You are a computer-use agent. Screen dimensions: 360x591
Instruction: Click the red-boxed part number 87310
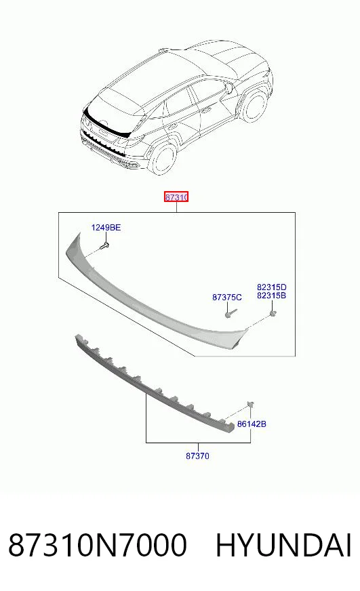point(176,197)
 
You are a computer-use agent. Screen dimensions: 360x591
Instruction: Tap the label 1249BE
point(106,227)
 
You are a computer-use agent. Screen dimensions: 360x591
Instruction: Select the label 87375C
point(227,298)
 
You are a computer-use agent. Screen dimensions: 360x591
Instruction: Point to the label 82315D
point(271,287)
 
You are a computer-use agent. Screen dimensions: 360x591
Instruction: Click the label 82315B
point(271,295)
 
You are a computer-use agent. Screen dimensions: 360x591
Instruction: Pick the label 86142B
point(252,424)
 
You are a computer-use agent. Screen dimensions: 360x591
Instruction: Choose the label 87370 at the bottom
point(197,455)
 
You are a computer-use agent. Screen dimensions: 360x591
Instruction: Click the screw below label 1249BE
point(104,245)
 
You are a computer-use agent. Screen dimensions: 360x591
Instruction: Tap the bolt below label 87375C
point(231,313)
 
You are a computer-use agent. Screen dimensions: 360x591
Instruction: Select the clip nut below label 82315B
point(272,313)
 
